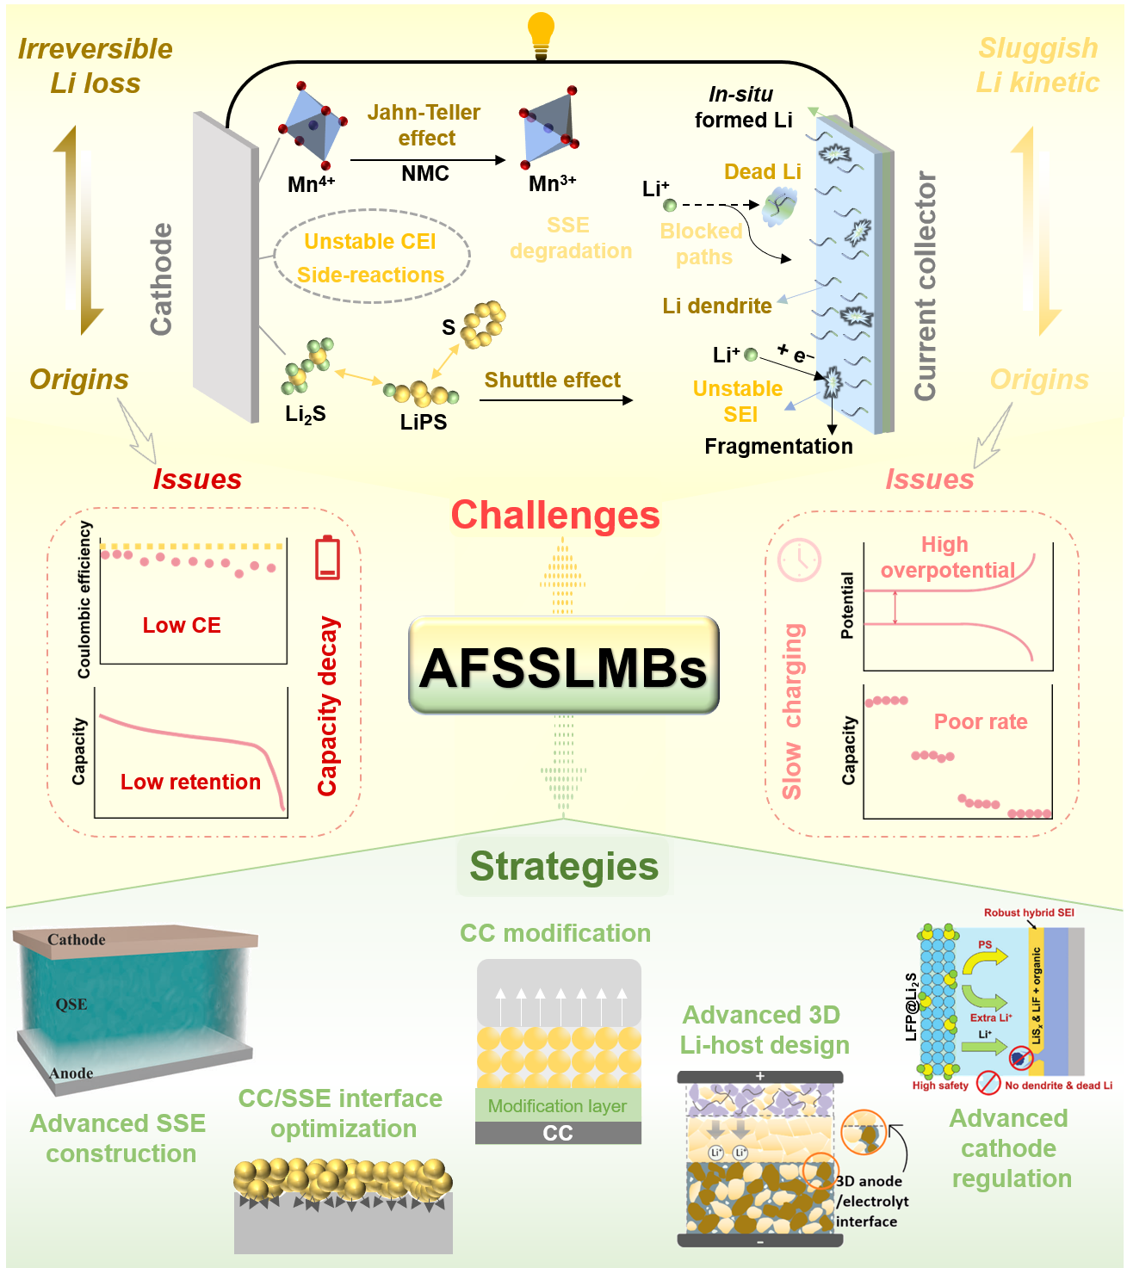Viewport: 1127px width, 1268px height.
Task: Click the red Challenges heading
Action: (x=555, y=516)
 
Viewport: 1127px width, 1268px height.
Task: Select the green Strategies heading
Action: (x=564, y=867)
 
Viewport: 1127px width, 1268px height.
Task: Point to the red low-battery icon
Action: (x=328, y=558)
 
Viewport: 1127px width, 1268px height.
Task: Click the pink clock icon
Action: (x=800, y=560)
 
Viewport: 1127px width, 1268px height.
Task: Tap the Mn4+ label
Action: (x=311, y=184)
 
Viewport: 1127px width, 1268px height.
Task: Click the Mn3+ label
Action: (x=552, y=183)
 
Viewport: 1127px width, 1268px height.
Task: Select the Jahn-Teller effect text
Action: (x=424, y=126)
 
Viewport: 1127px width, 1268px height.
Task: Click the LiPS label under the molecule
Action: (x=424, y=423)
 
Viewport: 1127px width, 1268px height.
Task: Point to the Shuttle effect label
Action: (x=552, y=380)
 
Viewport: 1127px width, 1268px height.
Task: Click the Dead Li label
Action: (x=762, y=172)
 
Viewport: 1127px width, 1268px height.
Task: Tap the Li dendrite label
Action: (x=717, y=306)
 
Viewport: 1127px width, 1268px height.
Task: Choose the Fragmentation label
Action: (x=778, y=447)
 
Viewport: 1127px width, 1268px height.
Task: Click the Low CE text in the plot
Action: (x=182, y=626)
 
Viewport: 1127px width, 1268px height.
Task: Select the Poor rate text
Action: (x=981, y=722)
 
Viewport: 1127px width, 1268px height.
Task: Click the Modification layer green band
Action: (x=558, y=1106)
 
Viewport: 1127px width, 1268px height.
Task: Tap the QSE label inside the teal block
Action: (x=71, y=1005)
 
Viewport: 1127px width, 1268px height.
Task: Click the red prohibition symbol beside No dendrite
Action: (x=988, y=1083)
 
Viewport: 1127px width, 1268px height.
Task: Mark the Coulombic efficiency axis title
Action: (x=84, y=599)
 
